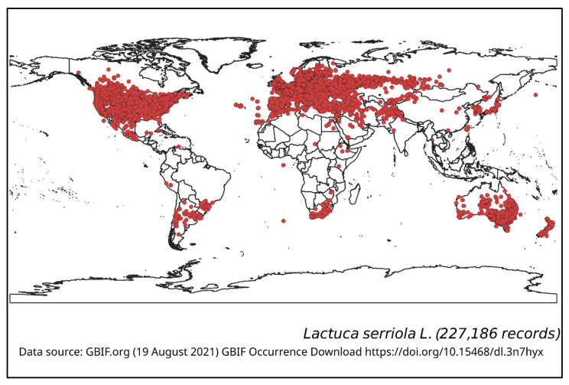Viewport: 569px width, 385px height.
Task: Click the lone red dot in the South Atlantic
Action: (284, 220)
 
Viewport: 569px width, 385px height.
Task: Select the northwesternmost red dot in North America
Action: (78, 73)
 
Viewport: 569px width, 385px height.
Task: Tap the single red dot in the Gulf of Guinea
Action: (283, 165)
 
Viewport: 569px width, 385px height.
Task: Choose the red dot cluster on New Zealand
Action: (546, 228)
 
